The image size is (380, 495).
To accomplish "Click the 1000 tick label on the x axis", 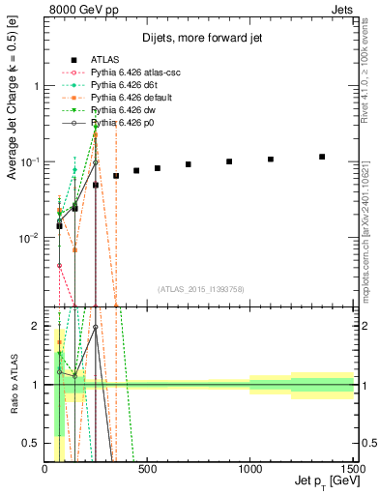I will pos(249,470).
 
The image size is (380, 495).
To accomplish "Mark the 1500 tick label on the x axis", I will pos(352,470).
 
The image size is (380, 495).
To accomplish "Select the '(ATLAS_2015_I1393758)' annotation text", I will pos(200,289).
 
